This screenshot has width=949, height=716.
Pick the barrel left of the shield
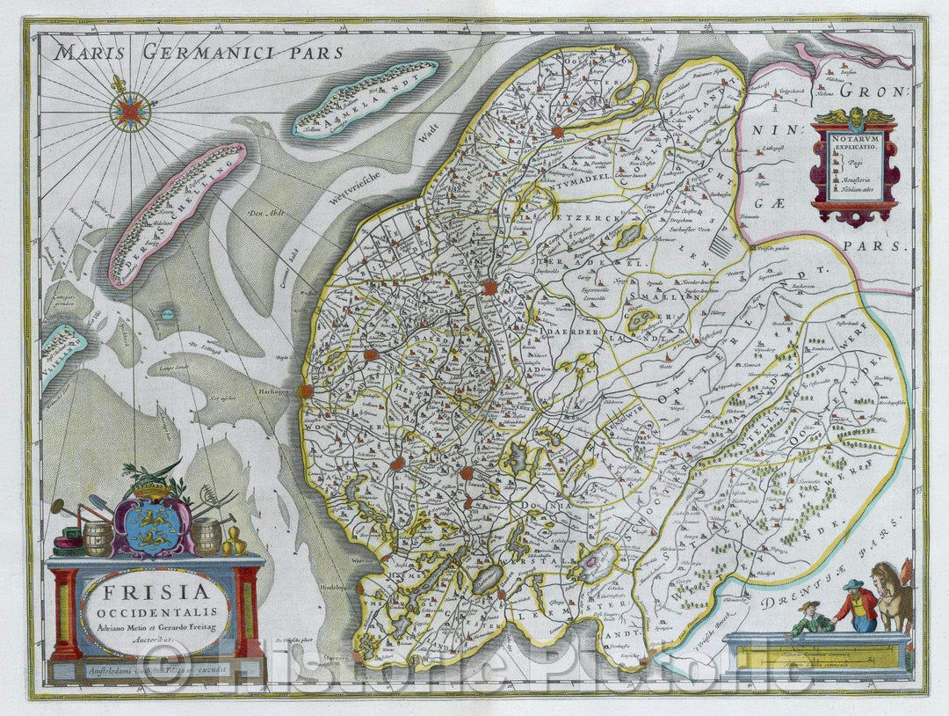(98, 538)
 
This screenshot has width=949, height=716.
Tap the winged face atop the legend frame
(854, 117)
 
